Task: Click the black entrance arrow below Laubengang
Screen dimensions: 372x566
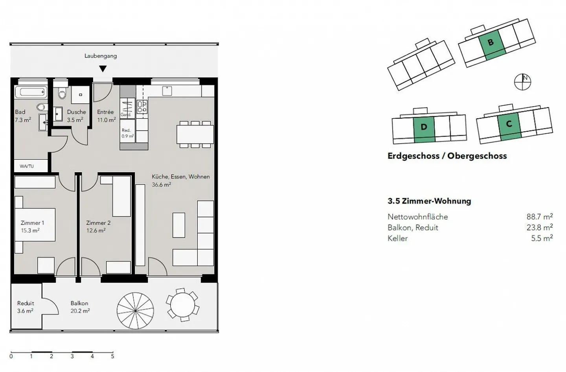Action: pyautogui.click(x=103, y=69)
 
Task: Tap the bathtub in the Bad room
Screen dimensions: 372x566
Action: pyautogui.click(x=31, y=92)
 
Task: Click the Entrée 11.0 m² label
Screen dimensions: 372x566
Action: pyautogui.click(x=106, y=116)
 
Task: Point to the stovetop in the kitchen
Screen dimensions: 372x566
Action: pyautogui.click(x=142, y=107)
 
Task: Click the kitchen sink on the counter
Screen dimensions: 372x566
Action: pyautogui.click(x=167, y=91)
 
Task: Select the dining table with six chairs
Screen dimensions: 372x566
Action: pyautogui.click(x=195, y=134)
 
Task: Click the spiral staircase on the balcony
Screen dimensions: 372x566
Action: pyautogui.click(x=135, y=310)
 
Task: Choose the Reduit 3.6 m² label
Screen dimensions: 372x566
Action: pyautogui.click(x=26, y=307)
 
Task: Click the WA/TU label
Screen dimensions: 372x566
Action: pyautogui.click(x=27, y=166)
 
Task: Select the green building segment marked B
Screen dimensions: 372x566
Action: pyautogui.click(x=491, y=44)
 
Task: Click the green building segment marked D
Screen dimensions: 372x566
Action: pyautogui.click(x=424, y=129)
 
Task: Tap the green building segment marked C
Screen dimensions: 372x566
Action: pyautogui.click(x=509, y=125)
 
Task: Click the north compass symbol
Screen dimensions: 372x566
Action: pyautogui.click(x=522, y=82)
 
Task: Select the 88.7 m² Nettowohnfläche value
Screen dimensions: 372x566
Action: pyautogui.click(x=539, y=217)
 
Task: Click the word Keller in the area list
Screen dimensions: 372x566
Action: pyautogui.click(x=397, y=238)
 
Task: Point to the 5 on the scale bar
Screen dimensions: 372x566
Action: pyautogui.click(x=112, y=356)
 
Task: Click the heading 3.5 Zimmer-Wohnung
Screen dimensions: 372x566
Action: pyautogui.click(x=429, y=201)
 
